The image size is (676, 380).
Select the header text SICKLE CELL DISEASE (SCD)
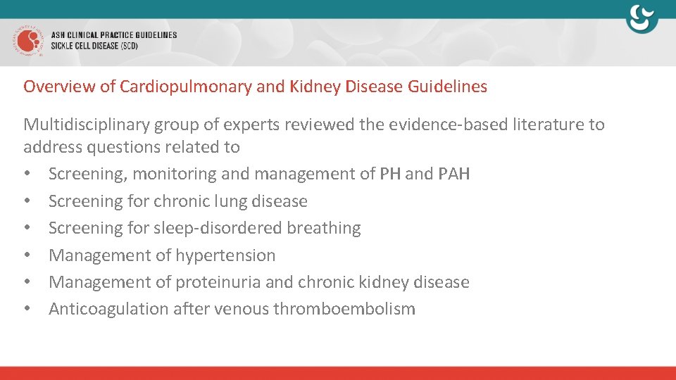tap(94, 46)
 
